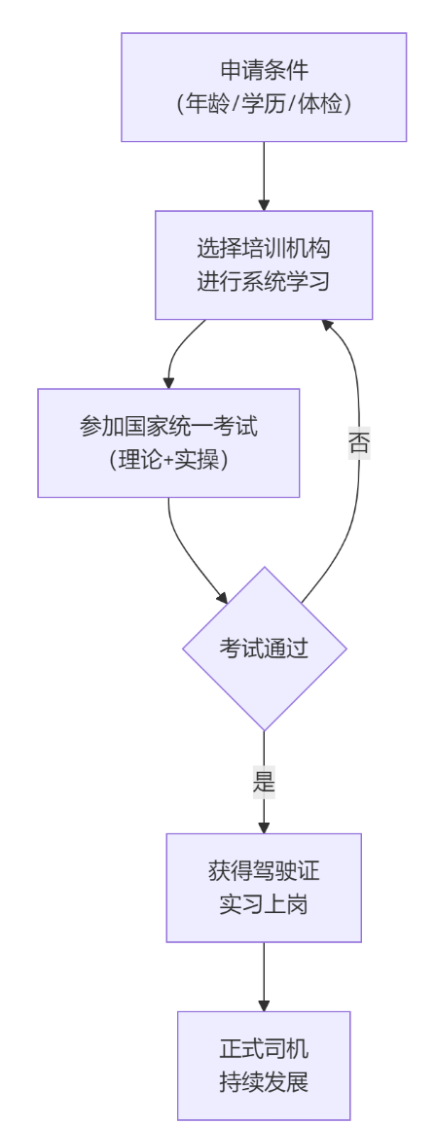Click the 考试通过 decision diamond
(264, 649)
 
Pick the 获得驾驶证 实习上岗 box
(264, 887)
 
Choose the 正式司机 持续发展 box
(264, 1065)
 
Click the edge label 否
(358, 443)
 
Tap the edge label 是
(264, 782)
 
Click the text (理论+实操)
(168, 459)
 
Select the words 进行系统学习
(264, 282)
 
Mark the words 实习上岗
(264, 905)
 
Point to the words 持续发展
(264, 1082)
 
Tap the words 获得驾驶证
(264, 870)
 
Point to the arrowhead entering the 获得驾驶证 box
(264, 826)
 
